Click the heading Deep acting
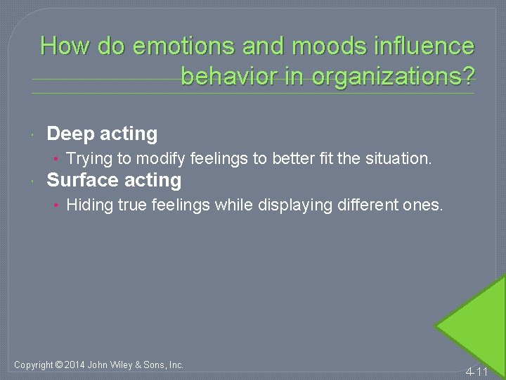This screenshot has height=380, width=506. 102,133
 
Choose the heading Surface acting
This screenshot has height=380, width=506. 114,180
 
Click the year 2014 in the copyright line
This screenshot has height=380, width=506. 77,365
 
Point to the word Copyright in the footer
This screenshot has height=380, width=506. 33,365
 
